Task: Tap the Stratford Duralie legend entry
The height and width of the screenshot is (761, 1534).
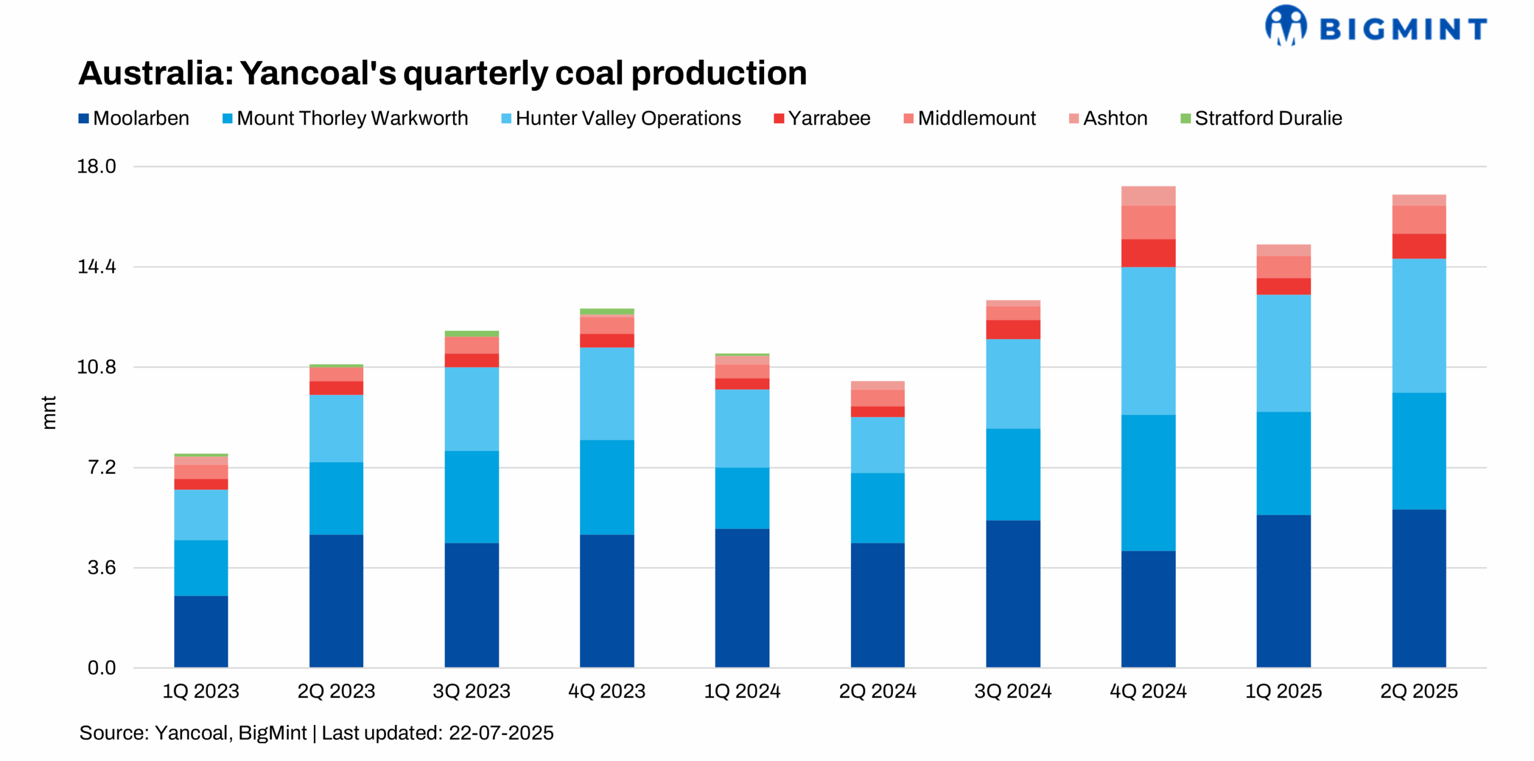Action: pyautogui.click(x=1261, y=118)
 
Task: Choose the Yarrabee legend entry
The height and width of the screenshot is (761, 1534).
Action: pyautogui.click(x=822, y=118)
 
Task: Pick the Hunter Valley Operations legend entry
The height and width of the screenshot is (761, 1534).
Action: pyautogui.click(x=621, y=118)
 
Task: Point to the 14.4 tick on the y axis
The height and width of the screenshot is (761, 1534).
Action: pyautogui.click(x=96, y=267)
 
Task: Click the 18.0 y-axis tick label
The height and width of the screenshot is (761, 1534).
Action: pyautogui.click(x=96, y=167)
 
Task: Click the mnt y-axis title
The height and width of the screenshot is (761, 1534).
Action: pyautogui.click(x=49, y=412)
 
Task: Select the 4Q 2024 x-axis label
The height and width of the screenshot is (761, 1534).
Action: pyautogui.click(x=1148, y=691)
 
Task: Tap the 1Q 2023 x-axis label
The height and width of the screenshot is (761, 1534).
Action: pyautogui.click(x=201, y=691)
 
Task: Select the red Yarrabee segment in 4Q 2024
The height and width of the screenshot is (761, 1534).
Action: pyautogui.click(x=1148, y=253)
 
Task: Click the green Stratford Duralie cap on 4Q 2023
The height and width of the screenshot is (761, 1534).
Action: pyautogui.click(x=606, y=312)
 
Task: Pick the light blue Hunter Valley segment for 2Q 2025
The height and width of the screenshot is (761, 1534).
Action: pyautogui.click(x=1418, y=325)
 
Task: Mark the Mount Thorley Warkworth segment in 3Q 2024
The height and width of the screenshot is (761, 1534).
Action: pyautogui.click(x=1013, y=474)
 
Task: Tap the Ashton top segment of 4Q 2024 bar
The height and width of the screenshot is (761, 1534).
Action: pyautogui.click(x=1148, y=196)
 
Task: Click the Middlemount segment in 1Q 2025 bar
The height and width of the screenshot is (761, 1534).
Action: pyautogui.click(x=1283, y=267)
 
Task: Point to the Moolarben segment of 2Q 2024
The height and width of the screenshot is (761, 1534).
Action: pyautogui.click(x=877, y=605)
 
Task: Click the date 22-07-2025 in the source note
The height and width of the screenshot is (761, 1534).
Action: pyautogui.click(x=500, y=733)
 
